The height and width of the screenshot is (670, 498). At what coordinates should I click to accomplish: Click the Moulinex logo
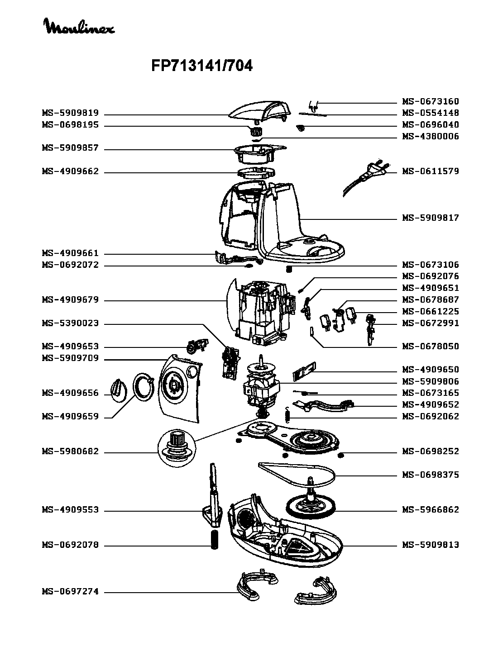(x=79, y=27)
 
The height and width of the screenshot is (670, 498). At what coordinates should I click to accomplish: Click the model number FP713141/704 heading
(x=201, y=67)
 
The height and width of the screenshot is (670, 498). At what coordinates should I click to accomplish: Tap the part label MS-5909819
(x=70, y=113)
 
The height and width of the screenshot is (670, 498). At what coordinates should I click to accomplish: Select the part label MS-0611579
(x=431, y=171)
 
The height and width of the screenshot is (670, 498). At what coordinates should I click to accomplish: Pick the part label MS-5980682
(x=70, y=452)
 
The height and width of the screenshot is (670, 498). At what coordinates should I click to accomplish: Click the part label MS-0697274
(x=70, y=592)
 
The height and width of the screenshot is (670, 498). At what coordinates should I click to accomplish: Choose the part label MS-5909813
(x=431, y=545)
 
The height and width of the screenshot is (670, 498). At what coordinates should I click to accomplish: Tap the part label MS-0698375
(x=431, y=475)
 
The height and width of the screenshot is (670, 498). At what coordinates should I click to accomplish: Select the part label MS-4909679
(x=70, y=300)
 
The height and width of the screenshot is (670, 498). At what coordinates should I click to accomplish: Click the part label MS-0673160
(x=431, y=101)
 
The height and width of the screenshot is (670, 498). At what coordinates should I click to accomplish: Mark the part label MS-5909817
(x=431, y=218)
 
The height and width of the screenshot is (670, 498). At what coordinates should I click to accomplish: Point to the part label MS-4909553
(x=70, y=510)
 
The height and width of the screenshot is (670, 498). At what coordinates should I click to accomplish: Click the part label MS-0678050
(x=431, y=347)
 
